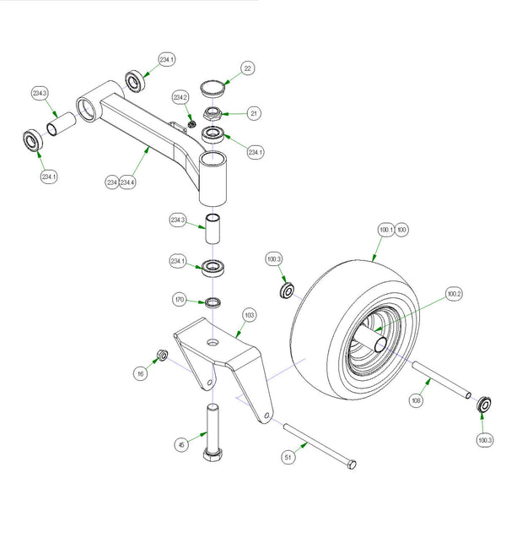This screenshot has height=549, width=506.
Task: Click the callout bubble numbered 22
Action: [x=247, y=68]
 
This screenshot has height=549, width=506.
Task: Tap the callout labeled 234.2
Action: [x=180, y=98]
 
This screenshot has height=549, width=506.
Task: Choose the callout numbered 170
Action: [x=180, y=299]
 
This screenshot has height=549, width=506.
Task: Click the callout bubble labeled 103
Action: [x=249, y=315]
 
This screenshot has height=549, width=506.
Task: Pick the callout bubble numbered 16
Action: [x=139, y=372]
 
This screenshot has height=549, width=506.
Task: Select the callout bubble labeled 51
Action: [x=288, y=457]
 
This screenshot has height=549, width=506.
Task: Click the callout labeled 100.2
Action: [x=455, y=293]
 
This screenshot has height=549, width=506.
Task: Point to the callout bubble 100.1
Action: [x=386, y=229]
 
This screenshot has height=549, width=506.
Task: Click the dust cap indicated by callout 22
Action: [x=213, y=86]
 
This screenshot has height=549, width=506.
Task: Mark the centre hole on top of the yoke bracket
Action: [x=212, y=341]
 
